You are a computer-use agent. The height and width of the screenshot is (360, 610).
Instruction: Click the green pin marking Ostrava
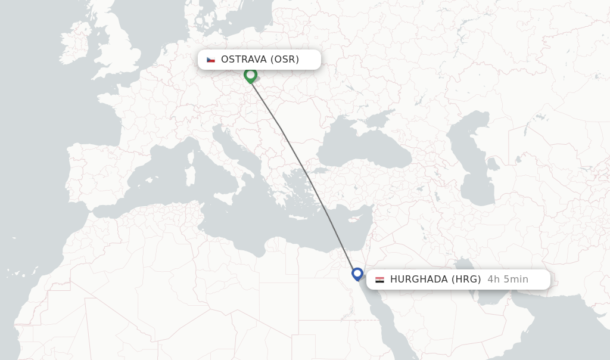point(250,75)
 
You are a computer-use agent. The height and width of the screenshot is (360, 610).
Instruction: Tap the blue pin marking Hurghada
point(357,274)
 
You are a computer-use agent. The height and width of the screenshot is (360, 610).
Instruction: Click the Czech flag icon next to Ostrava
point(211,60)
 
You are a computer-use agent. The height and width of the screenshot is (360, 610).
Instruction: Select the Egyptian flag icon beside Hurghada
point(379,280)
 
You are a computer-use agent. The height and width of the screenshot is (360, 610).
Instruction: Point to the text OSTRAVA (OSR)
point(260,60)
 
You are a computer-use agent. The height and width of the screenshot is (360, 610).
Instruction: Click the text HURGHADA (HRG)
point(435,280)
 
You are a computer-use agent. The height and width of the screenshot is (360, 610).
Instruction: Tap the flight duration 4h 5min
point(508,280)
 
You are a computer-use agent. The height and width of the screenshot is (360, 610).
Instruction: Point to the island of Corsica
point(192,156)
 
